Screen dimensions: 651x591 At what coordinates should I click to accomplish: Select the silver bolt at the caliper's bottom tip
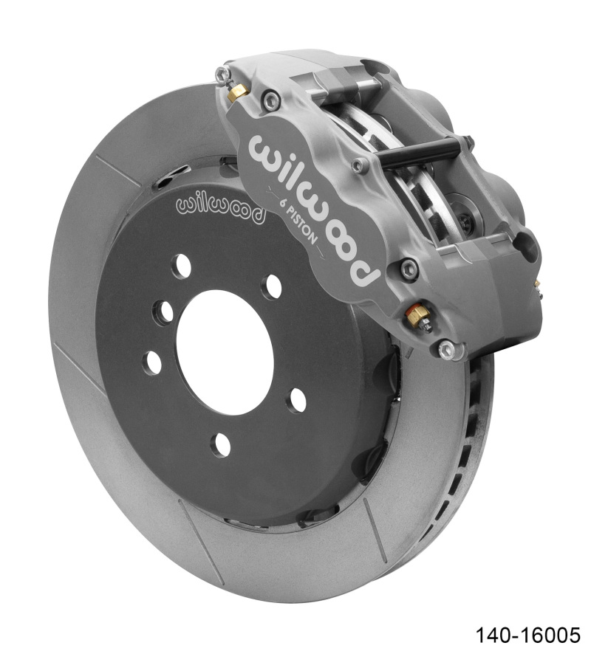[x=446, y=349]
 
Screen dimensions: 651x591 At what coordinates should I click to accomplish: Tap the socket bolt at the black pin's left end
[x=360, y=165]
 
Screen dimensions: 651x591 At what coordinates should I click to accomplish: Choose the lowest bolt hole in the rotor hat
[x=221, y=445]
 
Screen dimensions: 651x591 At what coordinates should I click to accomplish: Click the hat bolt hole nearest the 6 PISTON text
[x=272, y=286]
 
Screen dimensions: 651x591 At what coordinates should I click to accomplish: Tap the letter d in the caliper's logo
[x=366, y=269]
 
